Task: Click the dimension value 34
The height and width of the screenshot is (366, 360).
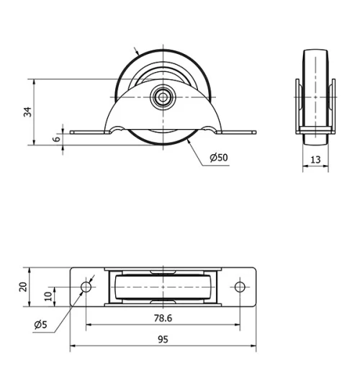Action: (x=27, y=111)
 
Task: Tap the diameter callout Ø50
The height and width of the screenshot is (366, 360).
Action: (x=219, y=158)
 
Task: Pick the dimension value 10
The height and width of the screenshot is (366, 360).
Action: (x=48, y=295)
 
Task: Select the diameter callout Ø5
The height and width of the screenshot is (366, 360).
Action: (x=40, y=325)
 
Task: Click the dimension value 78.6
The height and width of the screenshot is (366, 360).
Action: (x=163, y=318)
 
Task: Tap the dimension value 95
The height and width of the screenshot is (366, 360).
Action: (x=163, y=342)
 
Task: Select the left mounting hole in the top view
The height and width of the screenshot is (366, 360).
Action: (x=86, y=287)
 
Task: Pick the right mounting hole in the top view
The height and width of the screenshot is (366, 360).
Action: (x=240, y=287)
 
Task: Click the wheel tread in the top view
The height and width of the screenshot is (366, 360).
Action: (x=163, y=287)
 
